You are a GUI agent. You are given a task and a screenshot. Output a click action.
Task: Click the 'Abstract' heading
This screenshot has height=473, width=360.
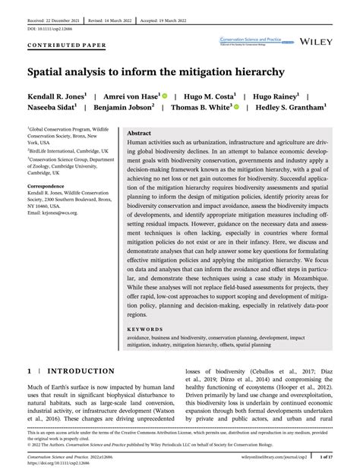pos(140,133)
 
